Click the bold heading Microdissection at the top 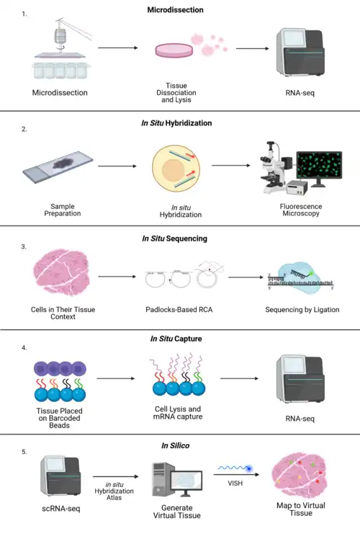tap(175, 10)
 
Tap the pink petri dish tap(174, 50)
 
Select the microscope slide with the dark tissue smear tap(58, 166)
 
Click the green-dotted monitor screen tap(319, 165)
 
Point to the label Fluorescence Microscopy tap(301, 210)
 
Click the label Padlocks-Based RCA tap(179, 310)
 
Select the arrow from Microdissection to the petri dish tap(118, 48)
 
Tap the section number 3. tap(24, 247)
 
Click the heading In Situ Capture tap(176, 339)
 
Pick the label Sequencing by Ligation tap(302, 310)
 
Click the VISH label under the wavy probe tap(235, 484)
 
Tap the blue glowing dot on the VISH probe tap(249, 468)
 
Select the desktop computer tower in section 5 tap(163, 480)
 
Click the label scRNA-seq tap(60, 509)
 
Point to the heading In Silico tap(175, 446)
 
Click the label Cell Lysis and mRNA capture tap(178, 413)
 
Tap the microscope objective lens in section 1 tap(60, 37)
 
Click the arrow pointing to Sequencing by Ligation tap(246, 277)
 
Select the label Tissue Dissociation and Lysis tap(176, 93)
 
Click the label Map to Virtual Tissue tap(301, 509)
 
